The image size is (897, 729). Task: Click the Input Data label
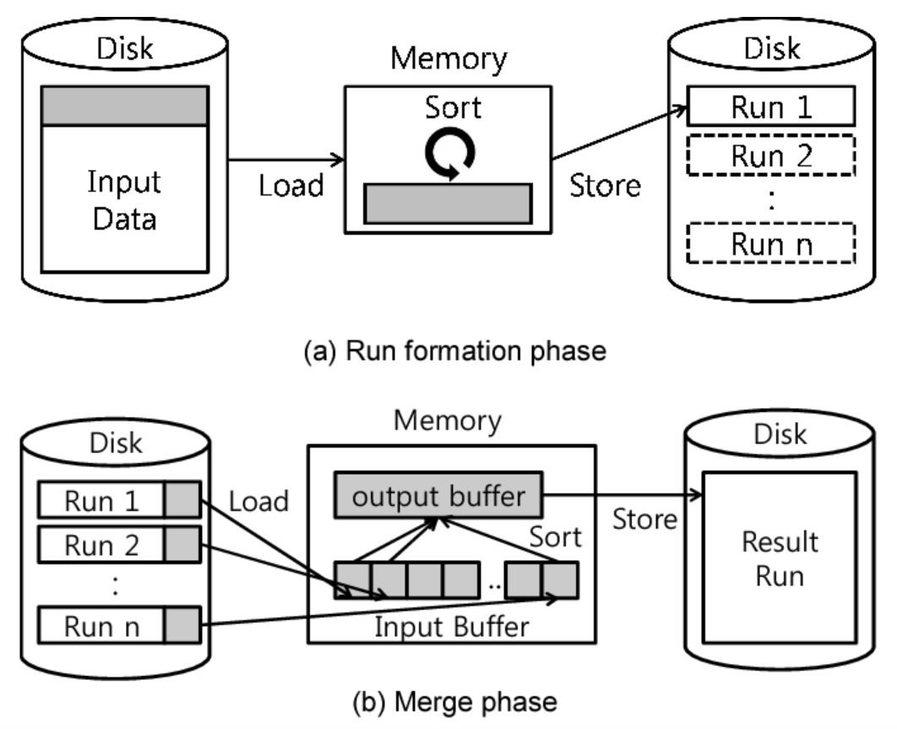124,200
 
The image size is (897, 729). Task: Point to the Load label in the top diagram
291,185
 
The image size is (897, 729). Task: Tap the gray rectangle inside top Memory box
448,204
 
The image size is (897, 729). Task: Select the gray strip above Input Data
124,106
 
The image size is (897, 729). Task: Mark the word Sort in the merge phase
555,536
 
